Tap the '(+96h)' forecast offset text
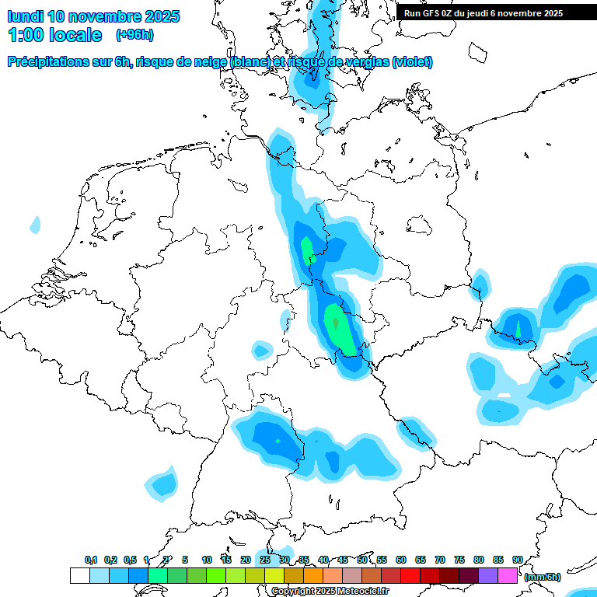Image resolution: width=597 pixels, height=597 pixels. [x=134, y=35]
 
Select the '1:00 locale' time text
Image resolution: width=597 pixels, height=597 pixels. [x=54, y=35]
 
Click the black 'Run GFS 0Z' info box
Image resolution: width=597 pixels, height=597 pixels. [x=489, y=12]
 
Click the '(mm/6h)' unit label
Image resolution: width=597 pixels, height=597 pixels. [x=542, y=577]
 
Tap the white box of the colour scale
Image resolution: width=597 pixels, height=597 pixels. [x=79, y=576]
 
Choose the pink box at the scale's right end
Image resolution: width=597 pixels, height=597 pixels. [x=508, y=576]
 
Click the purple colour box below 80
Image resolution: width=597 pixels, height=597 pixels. [x=488, y=576]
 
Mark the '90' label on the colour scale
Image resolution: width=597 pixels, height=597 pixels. [x=518, y=560]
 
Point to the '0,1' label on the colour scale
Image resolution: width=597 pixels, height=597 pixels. [x=91, y=560]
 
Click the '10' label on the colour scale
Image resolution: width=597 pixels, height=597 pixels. [x=207, y=560]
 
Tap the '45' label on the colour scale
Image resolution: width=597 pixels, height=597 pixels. [x=343, y=560]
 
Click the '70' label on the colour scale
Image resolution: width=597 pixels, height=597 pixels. [x=440, y=560]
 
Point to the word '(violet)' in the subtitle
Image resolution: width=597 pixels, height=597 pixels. [x=413, y=61]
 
